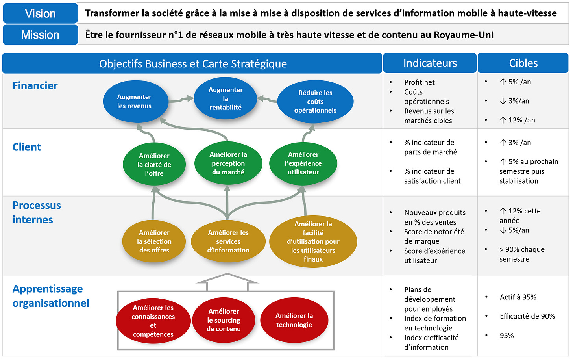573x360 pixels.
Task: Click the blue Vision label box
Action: pyautogui.click(x=40, y=13)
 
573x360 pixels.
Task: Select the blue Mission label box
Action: pyautogui.click(x=40, y=35)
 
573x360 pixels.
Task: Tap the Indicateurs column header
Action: pyautogui.click(x=430, y=63)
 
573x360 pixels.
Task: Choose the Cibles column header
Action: pyautogui.click(x=523, y=63)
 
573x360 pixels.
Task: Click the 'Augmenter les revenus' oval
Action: pyautogui.click(x=135, y=101)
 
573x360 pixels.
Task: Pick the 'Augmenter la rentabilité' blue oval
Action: pyautogui.click(x=226, y=98)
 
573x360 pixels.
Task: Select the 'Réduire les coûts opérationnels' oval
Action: pyautogui.click(x=315, y=101)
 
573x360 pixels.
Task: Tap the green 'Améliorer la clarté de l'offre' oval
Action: pyautogui.click(x=154, y=164)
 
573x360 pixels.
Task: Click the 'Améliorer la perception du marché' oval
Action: pyautogui.click(x=228, y=163)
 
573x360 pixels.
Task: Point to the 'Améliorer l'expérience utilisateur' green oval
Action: pyautogui.click(x=303, y=163)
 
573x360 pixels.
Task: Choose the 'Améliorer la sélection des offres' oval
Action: pyautogui.click(x=154, y=241)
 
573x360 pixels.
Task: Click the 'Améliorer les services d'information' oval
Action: pyautogui.click(x=228, y=241)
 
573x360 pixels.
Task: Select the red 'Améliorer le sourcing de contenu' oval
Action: pyautogui.click(x=224, y=320)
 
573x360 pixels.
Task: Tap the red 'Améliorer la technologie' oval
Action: pyautogui.click(x=294, y=320)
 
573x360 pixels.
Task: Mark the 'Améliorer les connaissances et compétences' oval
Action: pyautogui.click(x=153, y=321)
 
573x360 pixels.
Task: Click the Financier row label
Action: pyautogui.click(x=35, y=85)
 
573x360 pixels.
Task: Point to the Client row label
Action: pyautogui.click(x=27, y=147)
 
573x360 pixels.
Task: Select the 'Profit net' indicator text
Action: pyautogui.click(x=420, y=82)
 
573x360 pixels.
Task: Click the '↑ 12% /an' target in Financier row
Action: pyautogui.click(x=518, y=120)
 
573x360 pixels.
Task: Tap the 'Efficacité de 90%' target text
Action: pyautogui.click(x=527, y=316)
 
